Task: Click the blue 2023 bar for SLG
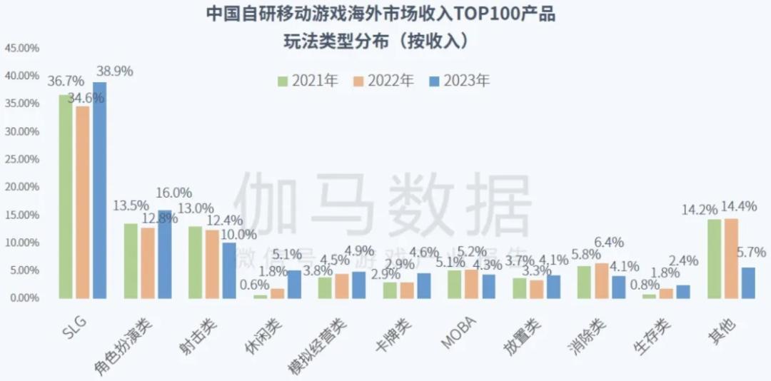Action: tap(99, 190)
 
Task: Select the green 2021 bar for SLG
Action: tap(66, 196)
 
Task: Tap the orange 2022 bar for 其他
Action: tap(730, 258)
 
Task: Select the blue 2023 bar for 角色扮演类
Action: tap(164, 254)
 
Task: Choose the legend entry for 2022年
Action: tap(383, 81)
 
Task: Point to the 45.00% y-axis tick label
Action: tap(22, 49)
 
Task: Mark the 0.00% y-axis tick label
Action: tap(24, 298)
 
